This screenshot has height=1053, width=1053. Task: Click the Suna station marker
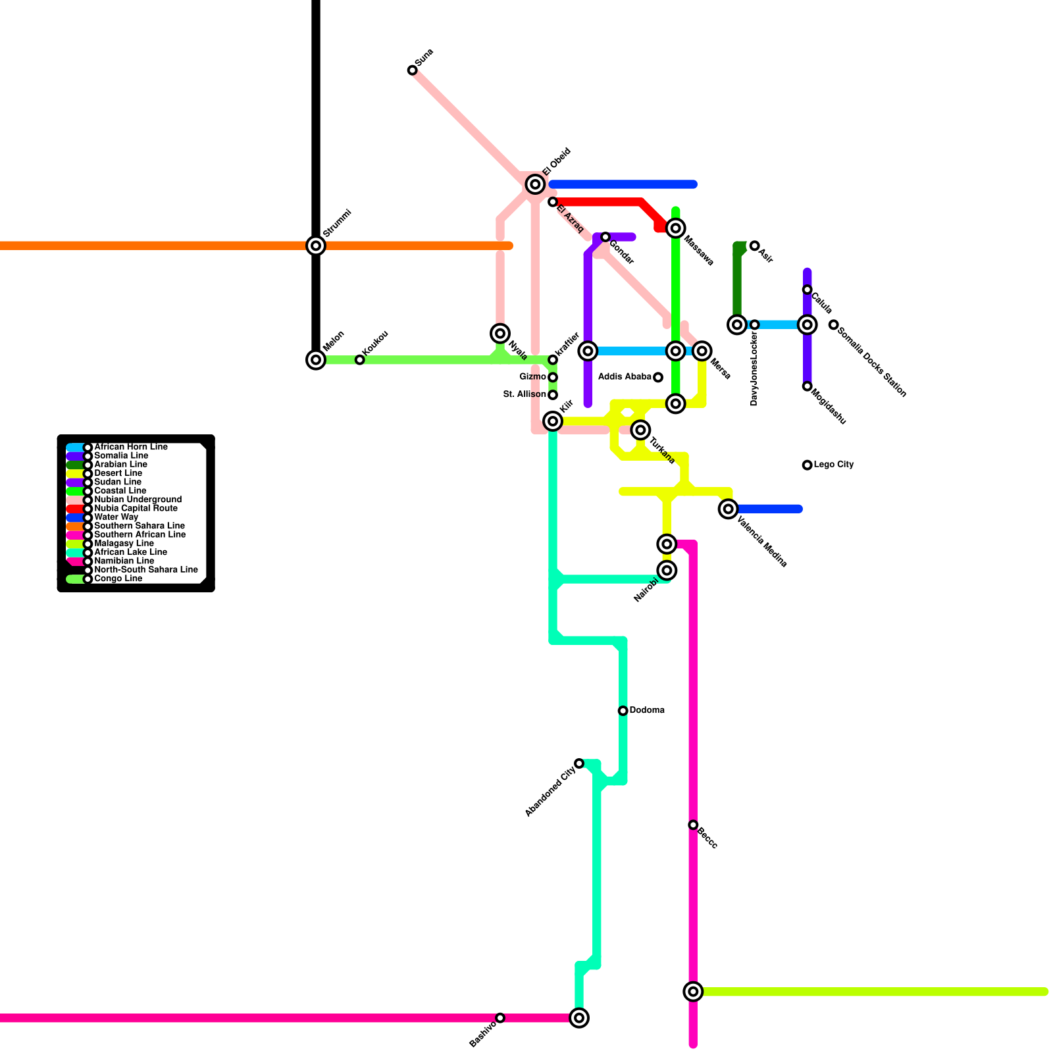[413, 70]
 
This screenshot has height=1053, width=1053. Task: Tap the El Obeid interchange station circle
[536, 185]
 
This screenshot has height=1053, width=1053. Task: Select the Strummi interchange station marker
[317, 245]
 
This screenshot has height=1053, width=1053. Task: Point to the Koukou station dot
[359, 360]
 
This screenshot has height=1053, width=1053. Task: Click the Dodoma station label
[646, 710]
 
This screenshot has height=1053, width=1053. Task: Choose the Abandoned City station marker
[579, 763]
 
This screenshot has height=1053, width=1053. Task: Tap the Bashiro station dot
[500, 1018]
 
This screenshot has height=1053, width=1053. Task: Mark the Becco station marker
[693, 825]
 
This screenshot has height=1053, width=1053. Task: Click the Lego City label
[833, 465]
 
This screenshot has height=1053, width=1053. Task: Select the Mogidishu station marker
[807, 386]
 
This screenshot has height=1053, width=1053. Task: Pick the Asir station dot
[755, 245]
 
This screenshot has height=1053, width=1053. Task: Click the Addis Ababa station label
[625, 377]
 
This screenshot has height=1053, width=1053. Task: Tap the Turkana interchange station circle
[641, 430]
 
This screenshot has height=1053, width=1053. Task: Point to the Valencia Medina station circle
[728, 509]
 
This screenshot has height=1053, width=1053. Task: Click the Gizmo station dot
[553, 377]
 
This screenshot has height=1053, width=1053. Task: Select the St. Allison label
[525, 395]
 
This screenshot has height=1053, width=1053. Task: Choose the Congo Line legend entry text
[118, 579]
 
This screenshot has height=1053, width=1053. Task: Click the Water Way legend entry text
[116, 517]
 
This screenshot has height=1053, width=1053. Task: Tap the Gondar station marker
[605, 237]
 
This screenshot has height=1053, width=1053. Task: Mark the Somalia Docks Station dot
[834, 324]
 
